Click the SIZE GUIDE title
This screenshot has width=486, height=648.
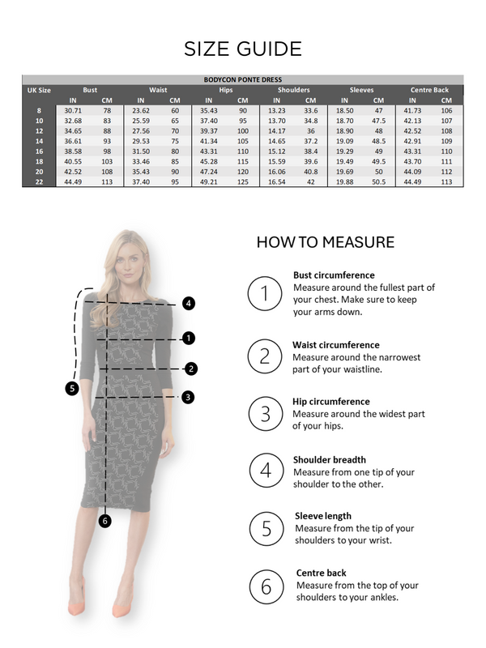pos(243,49)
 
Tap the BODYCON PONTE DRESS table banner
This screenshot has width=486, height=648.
pos(243,80)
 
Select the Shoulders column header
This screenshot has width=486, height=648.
pos(293,90)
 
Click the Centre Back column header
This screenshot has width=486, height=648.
pos(429,90)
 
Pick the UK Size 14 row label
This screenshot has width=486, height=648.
pos(39,141)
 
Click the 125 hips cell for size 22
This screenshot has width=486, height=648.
pos(242,182)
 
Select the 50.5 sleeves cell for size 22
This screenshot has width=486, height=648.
pos(378,182)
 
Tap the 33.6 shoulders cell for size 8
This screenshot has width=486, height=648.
pos(310,110)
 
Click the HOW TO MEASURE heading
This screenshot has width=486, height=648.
pos(326,242)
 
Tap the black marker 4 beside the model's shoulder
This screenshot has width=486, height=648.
pos(188,304)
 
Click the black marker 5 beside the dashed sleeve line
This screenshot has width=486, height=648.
pos(72,388)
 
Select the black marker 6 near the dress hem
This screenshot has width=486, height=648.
pos(104,520)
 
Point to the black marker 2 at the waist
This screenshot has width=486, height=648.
pos(191,369)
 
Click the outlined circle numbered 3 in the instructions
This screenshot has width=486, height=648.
pos(264,414)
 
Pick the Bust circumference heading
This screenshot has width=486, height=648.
pos(334,275)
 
